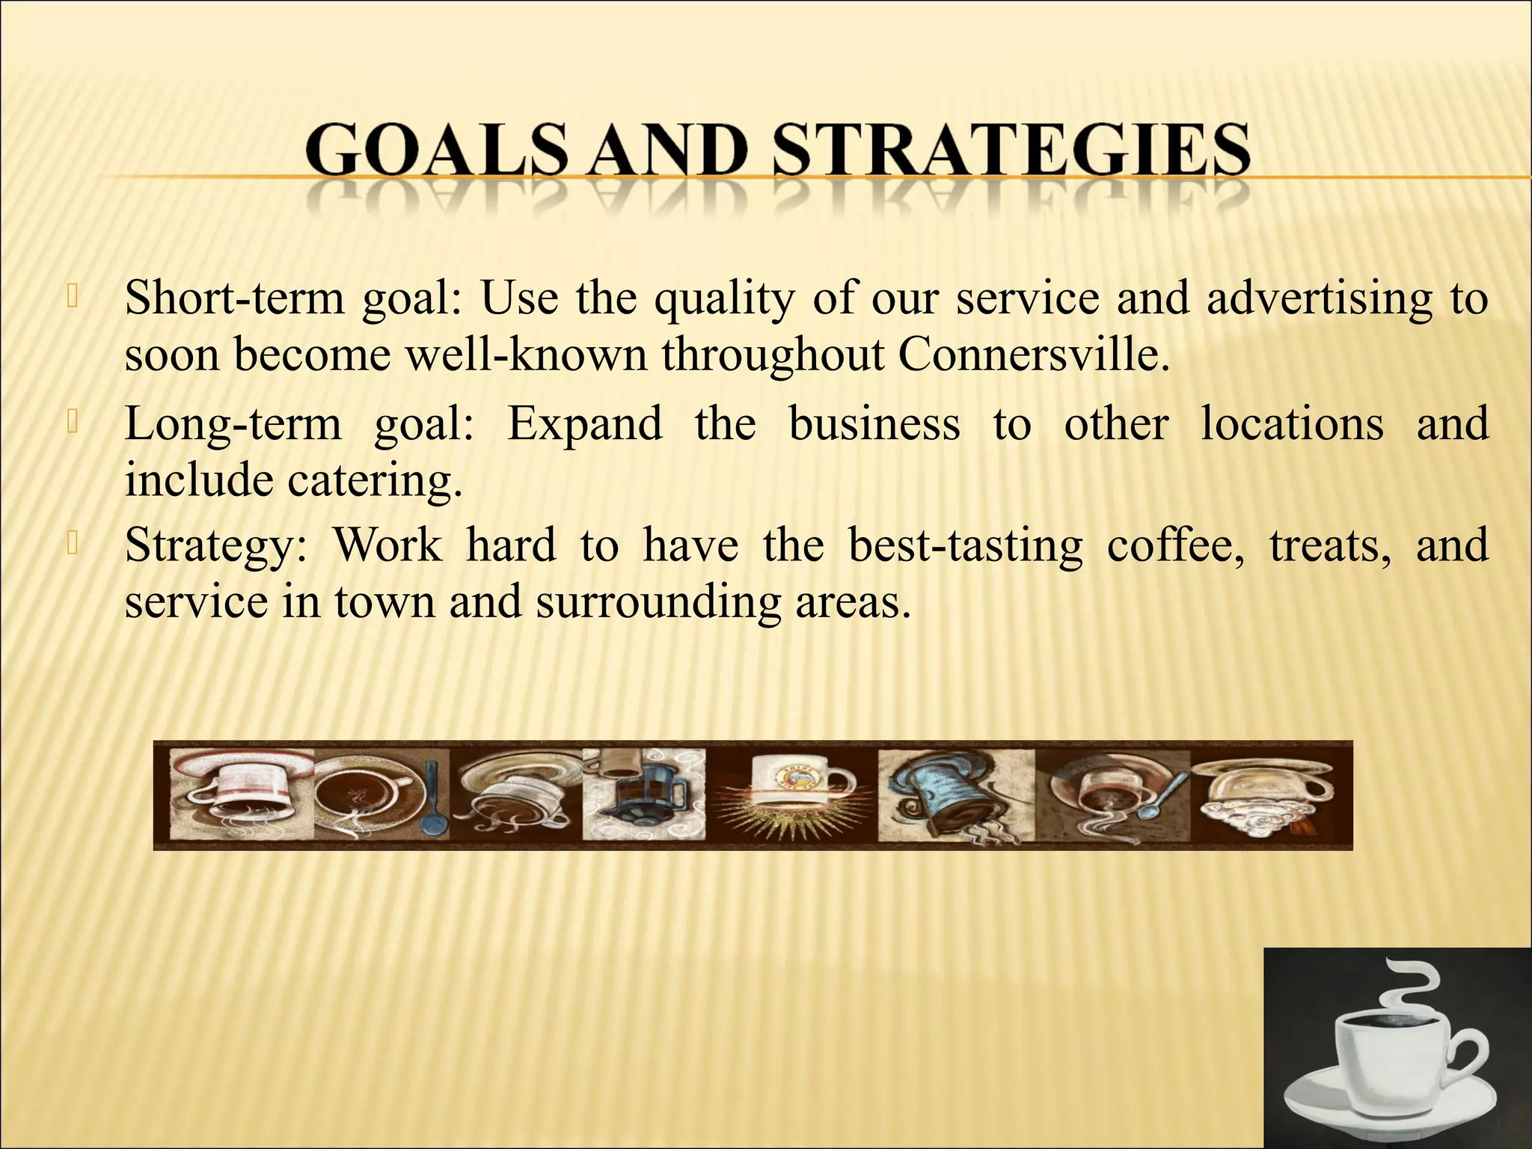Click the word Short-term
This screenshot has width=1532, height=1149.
234,298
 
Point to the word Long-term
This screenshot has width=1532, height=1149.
233,424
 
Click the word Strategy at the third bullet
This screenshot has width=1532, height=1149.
215,547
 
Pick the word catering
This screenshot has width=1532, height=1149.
375,480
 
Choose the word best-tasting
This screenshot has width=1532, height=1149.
965,547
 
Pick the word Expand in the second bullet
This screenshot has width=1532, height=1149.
584,424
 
